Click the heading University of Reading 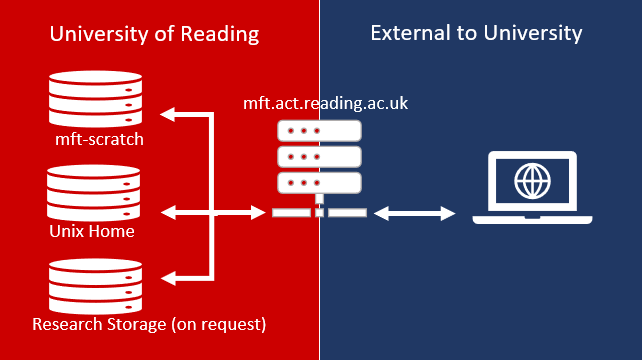click(x=154, y=34)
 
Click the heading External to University click(x=476, y=33)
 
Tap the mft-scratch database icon click(x=96, y=99)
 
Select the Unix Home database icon click(x=93, y=193)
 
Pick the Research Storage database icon click(x=96, y=287)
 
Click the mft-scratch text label click(x=99, y=139)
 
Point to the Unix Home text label click(x=92, y=231)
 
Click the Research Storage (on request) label click(x=149, y=324)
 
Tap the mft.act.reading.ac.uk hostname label click(x=326, y=103)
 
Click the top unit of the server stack click(x=319, y=131)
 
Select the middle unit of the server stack click(x=319, y=157)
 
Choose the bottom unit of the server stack click(x=319, y=183)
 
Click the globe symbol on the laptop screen click(x=532, y=181)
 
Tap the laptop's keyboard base click(x=532, y=220)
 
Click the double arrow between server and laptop click(x=415, y=213)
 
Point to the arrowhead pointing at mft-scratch click(x=167, y=114)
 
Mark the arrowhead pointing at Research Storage click(x=168, y=278)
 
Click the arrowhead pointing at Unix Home click(x=168, y=213)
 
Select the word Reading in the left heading click(x=220, y=35)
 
